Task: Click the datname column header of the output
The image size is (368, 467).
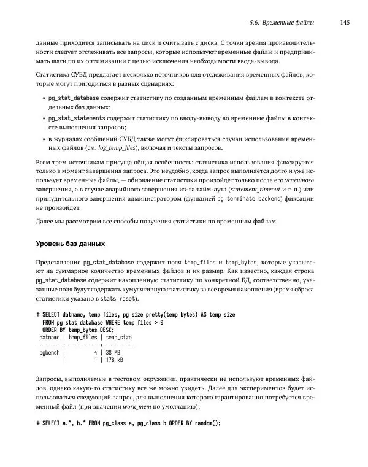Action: coord(50,338)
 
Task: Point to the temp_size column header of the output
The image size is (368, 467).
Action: coord(118,338)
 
